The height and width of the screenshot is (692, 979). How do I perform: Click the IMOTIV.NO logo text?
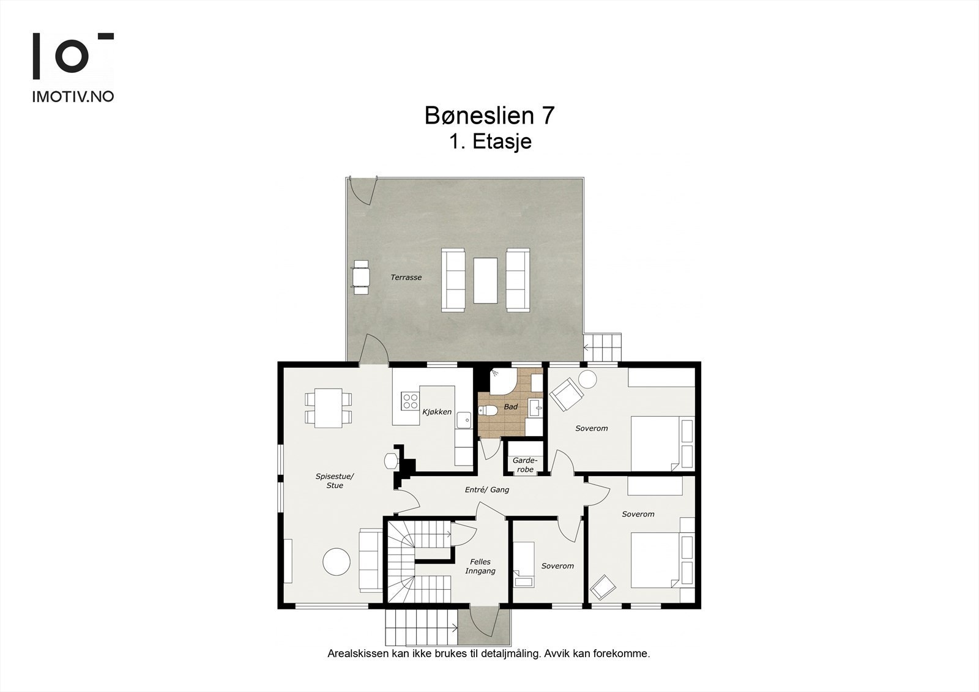(72, 97)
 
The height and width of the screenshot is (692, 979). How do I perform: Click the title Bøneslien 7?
(489, 116)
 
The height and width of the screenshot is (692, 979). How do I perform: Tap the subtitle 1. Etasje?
(489, 142)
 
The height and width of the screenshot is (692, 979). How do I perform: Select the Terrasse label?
(406, 278)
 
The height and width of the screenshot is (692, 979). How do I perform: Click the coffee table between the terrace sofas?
(485, 280)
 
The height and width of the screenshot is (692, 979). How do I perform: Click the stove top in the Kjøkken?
(409, 401)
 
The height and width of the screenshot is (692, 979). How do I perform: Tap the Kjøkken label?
(437, 412)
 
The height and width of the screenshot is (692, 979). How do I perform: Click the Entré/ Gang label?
(487, 490)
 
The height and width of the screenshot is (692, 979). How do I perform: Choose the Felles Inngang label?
(480, 567)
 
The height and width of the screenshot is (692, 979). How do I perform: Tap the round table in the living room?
(337, 561)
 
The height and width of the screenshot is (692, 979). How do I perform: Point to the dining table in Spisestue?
(329, 408)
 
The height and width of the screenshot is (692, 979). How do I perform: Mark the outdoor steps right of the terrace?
(603, 348)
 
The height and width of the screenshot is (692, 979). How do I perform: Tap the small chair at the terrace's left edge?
(360, 277)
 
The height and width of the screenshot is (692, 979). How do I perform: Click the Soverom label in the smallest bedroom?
(557, 566)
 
